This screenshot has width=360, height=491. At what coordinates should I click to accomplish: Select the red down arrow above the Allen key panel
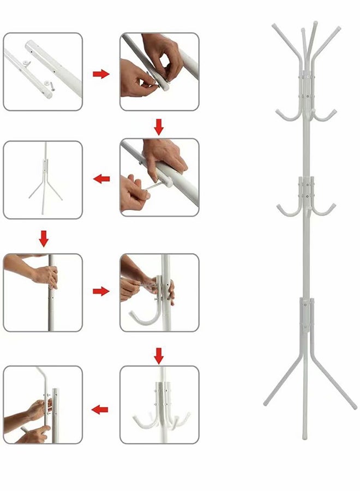[x=159, y=127]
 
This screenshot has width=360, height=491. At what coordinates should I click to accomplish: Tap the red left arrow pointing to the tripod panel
[x=101, y=178]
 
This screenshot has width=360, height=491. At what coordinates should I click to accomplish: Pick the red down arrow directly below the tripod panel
[x=44, y=238]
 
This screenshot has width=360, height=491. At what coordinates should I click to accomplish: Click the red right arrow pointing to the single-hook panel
[x=101, y=292]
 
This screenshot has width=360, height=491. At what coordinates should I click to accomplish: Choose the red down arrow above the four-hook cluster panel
[x=159, y=356]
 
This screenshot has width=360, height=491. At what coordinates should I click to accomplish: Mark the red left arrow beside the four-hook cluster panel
[x=100, y=409]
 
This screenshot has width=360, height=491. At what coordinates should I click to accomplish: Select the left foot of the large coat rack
[x=266, y=404]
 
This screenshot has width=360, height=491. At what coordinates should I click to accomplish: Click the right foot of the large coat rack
[x=353, y=406]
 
